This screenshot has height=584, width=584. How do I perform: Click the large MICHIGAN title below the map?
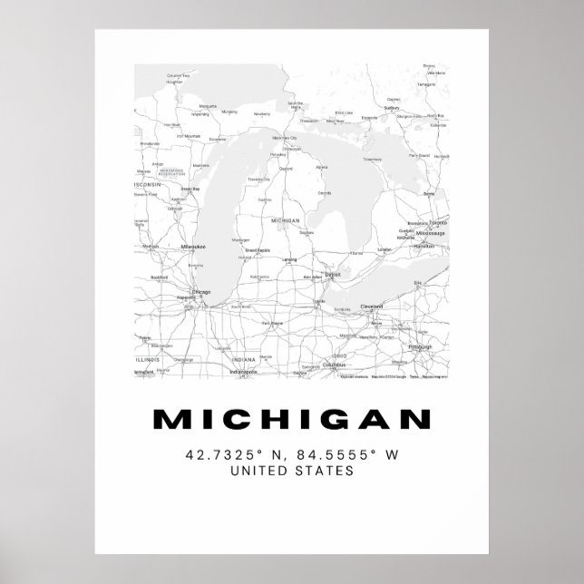click(x=291, y=420)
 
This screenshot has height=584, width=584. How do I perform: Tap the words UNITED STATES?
click(x=291, y=471)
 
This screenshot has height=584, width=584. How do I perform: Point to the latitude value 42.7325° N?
click(x=232, y=453)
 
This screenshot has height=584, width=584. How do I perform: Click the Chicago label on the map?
click(x=200, y=292)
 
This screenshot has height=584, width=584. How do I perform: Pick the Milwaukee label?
click(x=194, y=246)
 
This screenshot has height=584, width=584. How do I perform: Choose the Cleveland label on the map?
click(x=371, y=307)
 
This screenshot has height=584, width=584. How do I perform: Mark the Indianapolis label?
click(x=243, y=371)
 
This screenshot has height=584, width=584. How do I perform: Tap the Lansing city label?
click(x=289, y=260)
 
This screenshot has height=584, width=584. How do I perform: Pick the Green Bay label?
click(x=190, y=189)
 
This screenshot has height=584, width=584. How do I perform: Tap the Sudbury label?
click(x=392, y=107)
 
